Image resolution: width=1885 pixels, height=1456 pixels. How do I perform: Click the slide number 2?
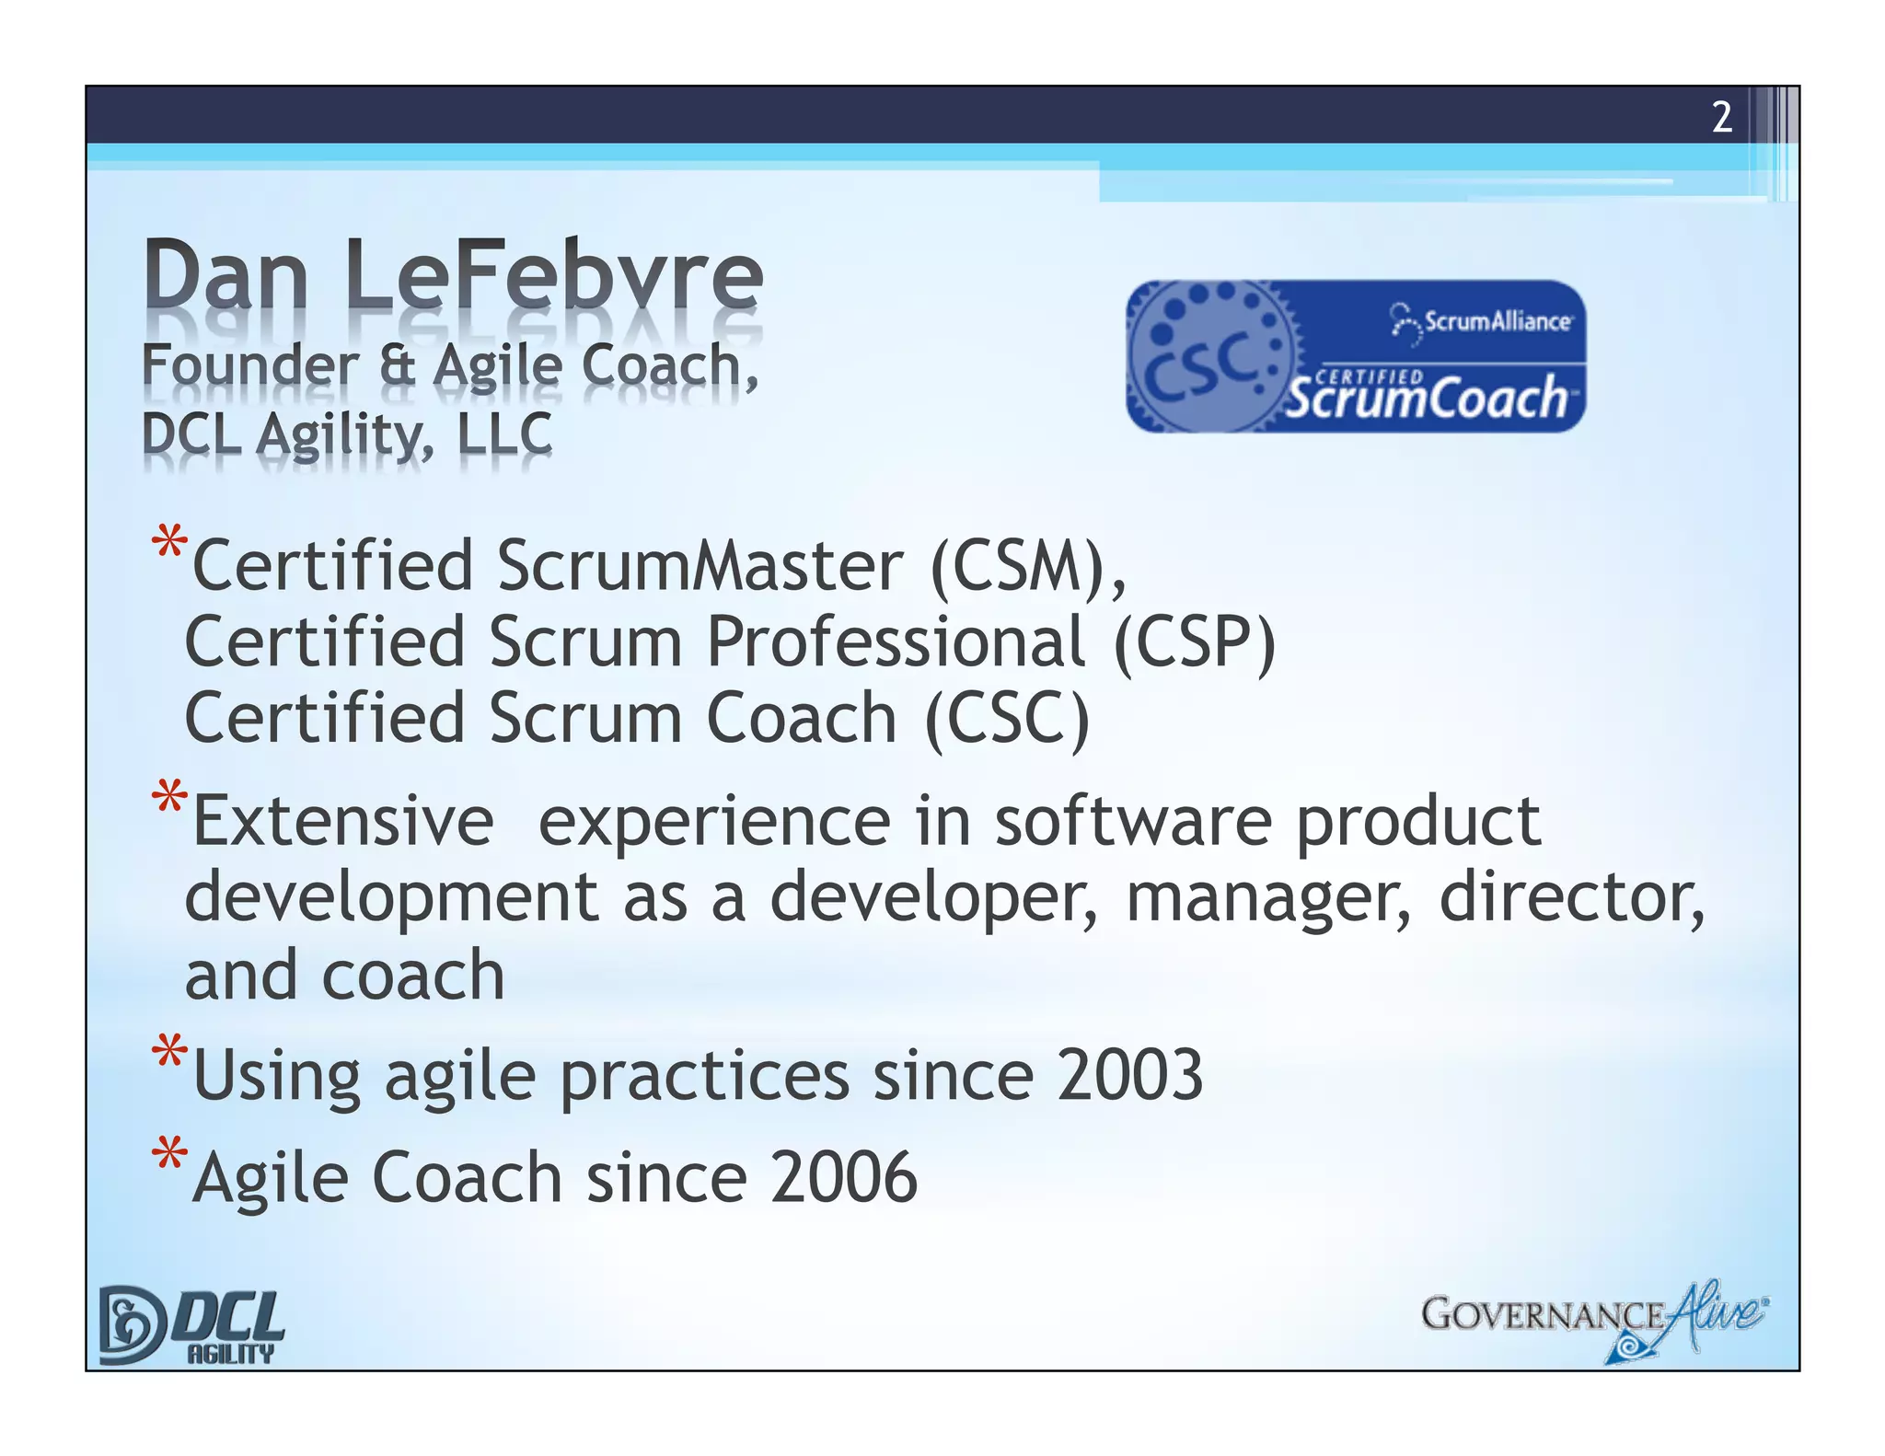[1721, 118]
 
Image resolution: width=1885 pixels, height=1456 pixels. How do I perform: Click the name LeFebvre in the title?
[554, 275]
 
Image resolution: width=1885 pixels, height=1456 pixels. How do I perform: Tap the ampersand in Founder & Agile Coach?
[397, 364]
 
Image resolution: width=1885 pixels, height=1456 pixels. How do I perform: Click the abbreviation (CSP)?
[1195, 641]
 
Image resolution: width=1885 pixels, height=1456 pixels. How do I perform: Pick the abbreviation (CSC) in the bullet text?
[1007, 718]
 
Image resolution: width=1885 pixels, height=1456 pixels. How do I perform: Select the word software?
[1133, 821]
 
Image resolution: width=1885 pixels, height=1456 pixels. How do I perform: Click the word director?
[1566, 897]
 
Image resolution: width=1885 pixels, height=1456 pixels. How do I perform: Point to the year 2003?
[1129, 1075]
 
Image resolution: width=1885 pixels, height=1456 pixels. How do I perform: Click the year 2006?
[844, 1177]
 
